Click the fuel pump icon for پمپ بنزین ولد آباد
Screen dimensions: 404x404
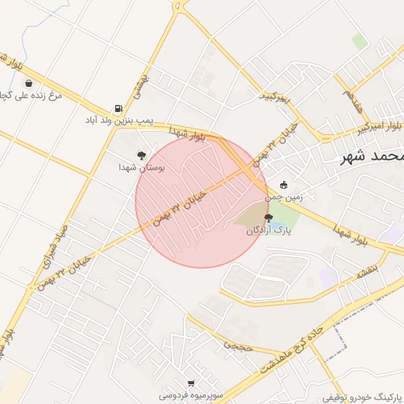[118, 108]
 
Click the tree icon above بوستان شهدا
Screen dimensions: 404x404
[141, 155]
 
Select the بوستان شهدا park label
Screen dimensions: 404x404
[140, 168]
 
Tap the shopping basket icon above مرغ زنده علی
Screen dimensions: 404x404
[29, 83]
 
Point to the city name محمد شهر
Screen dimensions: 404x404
[371, 156]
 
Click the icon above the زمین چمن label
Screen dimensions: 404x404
[283, 185]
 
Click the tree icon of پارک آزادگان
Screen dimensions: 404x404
[268, 218]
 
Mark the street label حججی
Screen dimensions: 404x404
[237, 344]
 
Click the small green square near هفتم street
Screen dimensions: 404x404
[360, 41]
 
